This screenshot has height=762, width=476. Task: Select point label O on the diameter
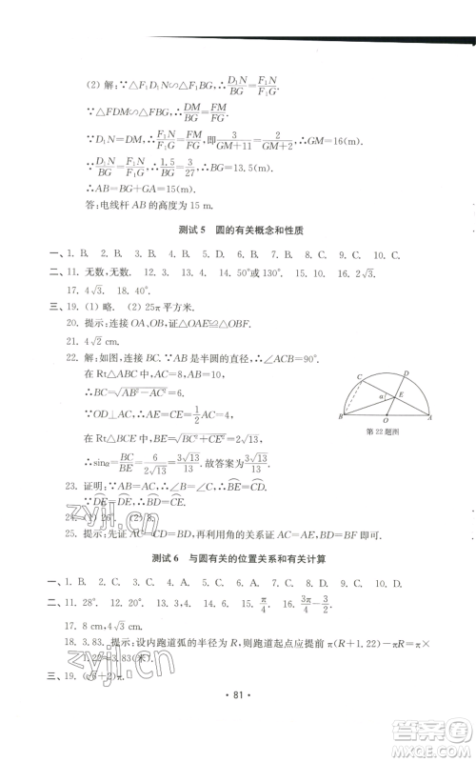(x=384, y=427)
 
